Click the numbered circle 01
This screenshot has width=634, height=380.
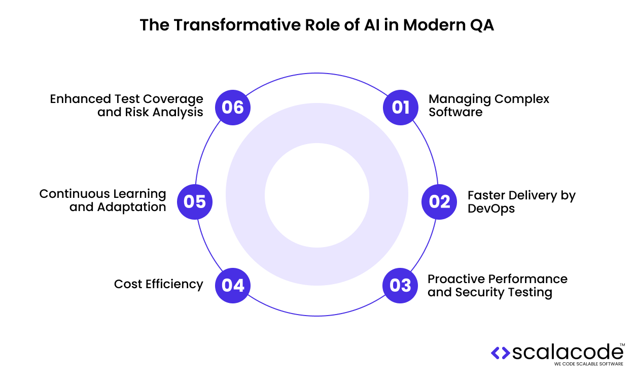[400, 107]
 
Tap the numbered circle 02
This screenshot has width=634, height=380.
[439, 201]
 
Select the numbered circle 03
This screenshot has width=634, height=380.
[400, 285]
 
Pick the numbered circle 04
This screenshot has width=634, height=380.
[233, 285]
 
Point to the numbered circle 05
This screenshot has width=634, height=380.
[194, 201]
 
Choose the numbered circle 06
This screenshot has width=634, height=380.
[233, 107]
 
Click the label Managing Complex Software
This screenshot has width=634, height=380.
[488, 105]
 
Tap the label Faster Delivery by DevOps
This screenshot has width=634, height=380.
[521, 201]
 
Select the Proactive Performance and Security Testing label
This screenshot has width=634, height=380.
[497, 286]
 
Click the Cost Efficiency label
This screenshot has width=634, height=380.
[158, 284]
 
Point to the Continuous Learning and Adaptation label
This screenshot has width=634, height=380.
[103, 200]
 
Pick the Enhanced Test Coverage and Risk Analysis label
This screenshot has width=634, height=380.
[127, 105]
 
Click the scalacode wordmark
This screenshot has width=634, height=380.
[568, 352]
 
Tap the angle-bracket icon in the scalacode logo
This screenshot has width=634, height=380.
[501, 352]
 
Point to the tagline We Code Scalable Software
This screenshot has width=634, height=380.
[588, 364]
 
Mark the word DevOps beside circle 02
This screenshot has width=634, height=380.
[491, 208]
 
